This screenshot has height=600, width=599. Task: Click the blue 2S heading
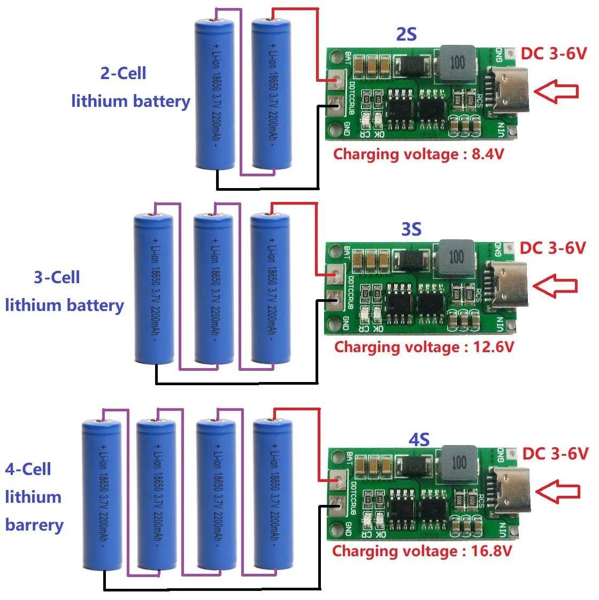coord(406,35)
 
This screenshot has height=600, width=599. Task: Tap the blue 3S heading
coord(411,229)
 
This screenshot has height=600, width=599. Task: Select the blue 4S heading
coord(419,440)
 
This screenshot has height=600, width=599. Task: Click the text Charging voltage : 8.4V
coord(418,154)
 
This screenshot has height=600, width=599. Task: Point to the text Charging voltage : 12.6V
coord(424,347)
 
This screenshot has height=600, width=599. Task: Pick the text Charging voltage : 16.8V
coord(422,551)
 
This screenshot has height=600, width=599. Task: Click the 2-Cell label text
coord(123,73)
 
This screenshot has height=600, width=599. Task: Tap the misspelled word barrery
coord(34,525)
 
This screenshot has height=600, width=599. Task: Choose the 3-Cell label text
coord(57,277)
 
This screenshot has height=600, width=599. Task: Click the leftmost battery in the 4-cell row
coord(102,494)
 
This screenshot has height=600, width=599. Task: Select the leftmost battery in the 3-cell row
coord(153,289)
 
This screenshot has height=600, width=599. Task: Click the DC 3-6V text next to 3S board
coord(552,248)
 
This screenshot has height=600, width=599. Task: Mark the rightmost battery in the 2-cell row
coord(271,93)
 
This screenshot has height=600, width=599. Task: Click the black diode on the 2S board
coord(411,66)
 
